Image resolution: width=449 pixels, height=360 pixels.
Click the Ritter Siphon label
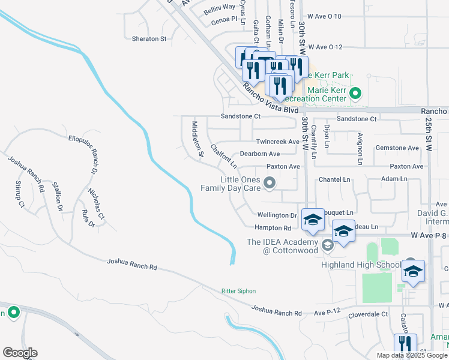238,291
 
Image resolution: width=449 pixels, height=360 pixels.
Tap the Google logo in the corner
20,353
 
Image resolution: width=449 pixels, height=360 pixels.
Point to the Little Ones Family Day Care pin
270,184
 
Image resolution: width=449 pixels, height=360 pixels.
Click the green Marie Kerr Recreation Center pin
355,93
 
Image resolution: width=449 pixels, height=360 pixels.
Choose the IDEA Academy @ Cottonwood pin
327,244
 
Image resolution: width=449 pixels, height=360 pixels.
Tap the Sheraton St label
149,38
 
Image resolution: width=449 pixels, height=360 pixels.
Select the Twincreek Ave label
277,142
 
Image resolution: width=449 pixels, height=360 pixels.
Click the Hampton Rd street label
273,228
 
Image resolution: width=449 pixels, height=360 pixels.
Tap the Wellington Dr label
277,215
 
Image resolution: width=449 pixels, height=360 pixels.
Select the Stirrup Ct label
19,197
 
